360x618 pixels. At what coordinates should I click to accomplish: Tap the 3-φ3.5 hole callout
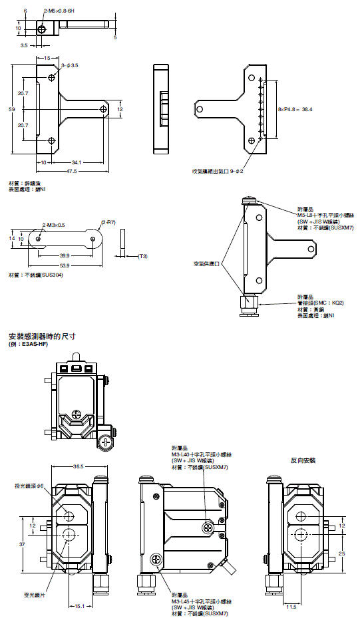[69, 65]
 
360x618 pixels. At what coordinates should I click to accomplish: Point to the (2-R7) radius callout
[108, 222]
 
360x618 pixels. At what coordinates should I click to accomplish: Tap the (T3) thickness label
[142, 256]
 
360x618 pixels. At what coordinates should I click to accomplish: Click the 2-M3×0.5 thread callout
[54, 226]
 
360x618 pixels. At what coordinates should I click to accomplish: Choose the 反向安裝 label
[303, 460]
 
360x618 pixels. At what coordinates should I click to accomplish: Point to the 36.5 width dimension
[78, 467]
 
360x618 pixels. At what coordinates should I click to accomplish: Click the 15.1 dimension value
[79, 606]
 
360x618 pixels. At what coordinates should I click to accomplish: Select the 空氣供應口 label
[206, 263]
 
